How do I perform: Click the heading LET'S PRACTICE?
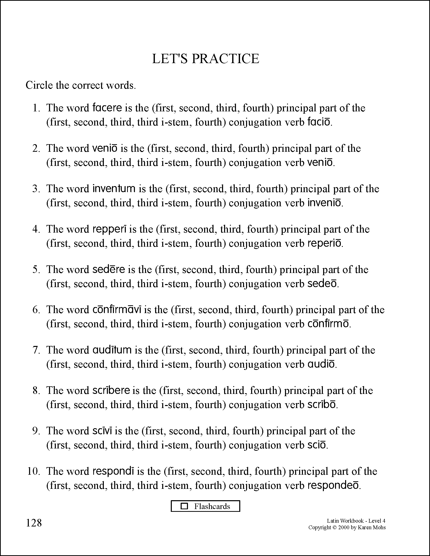point(206,59)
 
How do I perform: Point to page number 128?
point(34,523)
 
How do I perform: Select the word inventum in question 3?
point(114,189)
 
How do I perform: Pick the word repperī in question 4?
point(110,229)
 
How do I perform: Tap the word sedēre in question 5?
point(109,269)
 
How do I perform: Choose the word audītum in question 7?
point(112,350)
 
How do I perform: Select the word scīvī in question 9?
point(102,431)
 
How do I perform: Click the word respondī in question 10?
point(113,471)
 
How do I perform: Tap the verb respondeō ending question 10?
point(333,486)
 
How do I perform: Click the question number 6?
point(36,310)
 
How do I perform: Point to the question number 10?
point(34,471)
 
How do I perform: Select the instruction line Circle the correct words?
point(81,85)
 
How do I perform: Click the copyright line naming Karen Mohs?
point(347,527)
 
